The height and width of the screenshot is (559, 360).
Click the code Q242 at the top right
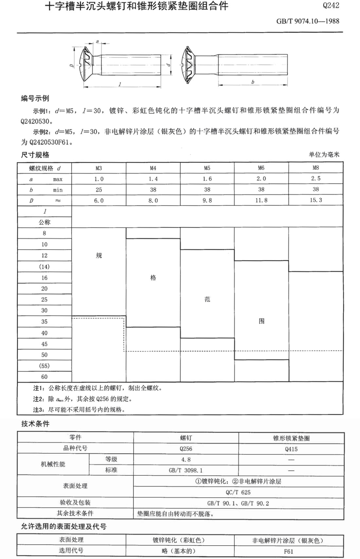[x=331, y=6]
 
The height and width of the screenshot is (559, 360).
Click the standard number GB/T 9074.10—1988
[x=308, y=21]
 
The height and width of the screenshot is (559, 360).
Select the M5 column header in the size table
[x=207, y=168]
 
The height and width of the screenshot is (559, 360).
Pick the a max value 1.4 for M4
[x=153, y=179]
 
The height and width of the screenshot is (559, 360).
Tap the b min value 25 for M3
[x=99, y=189]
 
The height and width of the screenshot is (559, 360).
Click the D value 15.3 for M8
[x=315, y=200]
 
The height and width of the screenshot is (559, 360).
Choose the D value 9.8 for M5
[x=207, y=200]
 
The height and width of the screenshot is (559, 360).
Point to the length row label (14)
[x=44, y=267]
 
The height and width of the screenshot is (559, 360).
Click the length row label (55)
[x=44, y=366]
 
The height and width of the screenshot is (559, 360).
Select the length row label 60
[x=44, y=377]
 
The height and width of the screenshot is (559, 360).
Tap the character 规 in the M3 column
[x=99, y=255]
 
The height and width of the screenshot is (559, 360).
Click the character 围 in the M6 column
[x=261, y=321]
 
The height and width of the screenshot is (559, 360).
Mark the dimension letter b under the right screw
[x=253, y=82]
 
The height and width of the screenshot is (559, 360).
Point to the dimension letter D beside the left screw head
[x=72, y=66]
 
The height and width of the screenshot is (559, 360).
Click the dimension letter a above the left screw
[x=98, y=41]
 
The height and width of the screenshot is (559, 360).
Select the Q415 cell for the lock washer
[x=291, y=449]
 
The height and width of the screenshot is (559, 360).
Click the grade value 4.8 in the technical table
[x=186, y=460]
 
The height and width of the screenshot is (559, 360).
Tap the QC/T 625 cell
[x=238, y=492]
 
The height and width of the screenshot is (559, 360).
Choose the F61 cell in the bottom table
[x=288, y=551]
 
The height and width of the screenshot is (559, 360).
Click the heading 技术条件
[x=35, y=424]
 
